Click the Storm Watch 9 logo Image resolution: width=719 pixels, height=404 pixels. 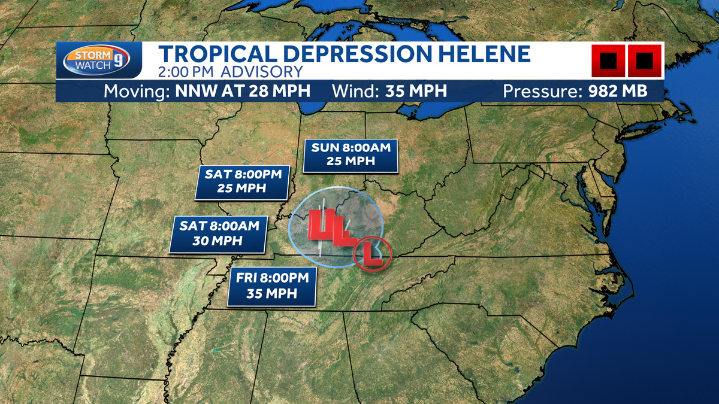tap(99, 61)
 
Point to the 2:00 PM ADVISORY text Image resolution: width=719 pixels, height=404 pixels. tap(231, 72)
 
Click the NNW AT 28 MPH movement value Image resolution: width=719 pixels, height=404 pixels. tap(242, 92)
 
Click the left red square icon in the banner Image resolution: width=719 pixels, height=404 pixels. tap(608, 61)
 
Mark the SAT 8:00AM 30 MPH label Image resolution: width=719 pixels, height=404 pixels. tap(217, 233)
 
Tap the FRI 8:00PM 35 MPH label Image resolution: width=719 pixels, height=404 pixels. tap(272, 285)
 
